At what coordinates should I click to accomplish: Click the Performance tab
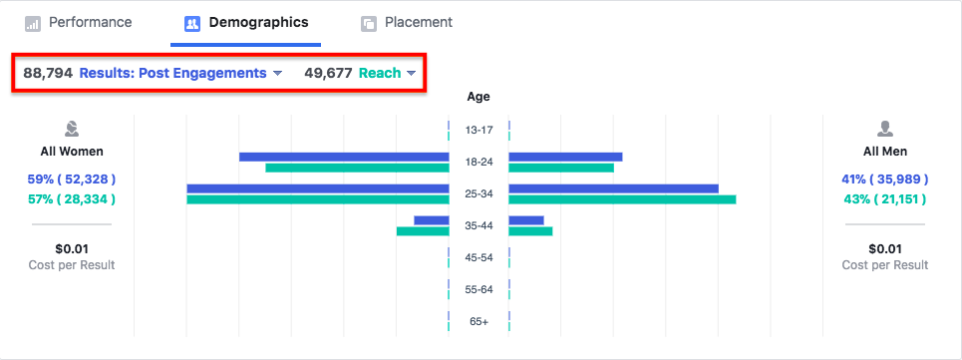click(x=79, y=23)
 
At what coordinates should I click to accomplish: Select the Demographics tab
click(x=246, y=23)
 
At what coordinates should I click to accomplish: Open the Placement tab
click(x=407, y=23)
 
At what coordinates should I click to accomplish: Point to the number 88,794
click(x=48, y=73)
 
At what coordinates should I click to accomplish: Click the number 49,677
click(x=328, y=73)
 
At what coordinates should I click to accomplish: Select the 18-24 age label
click(x=479, y=162)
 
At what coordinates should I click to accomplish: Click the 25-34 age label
click(x=479, y=193)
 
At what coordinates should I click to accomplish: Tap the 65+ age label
click(x=479, y=321)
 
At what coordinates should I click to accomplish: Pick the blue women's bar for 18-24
click(x=344, y=157)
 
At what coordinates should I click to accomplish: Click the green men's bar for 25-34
click(x=622, y=199)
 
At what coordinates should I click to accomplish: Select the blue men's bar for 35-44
click(x=526, y=220)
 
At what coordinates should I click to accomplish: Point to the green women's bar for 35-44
click(x=423, y=231)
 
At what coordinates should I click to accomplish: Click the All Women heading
click(x=72, y=152)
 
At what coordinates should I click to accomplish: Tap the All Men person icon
click(x=885, y=129)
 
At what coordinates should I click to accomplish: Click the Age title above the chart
click(x=479, y=97)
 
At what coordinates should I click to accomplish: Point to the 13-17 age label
click(x=479, y=130)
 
